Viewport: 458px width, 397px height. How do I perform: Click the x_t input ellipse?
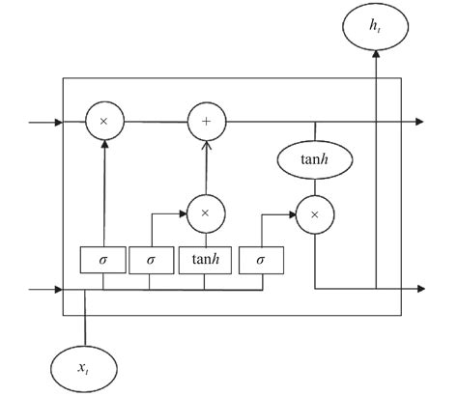pyautogui.click(x=85, y=367)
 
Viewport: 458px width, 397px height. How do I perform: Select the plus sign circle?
pyautogui.click(x=206, y=123)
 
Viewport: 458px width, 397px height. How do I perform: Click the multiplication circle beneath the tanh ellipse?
pyautogui.click(x=314, y=214)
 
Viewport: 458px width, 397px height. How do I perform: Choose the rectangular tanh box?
pyautogui.click(x=206, y=261)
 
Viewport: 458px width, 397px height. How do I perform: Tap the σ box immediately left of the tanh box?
pyautogui.click(x=153, y=261)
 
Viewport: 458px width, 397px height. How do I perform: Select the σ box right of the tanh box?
pyautogui.click(x=262, y=261)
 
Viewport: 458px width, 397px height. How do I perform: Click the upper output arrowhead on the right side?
pyautogui.click(x=419, y=123)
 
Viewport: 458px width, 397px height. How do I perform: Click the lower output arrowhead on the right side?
pyautogui.click(x=419, y=289)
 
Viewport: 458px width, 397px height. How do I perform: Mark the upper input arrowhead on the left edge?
pyautogui.click(x=59, y=123)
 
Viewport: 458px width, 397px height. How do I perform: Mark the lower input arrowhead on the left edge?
pyautogui.click(x=59, y=289)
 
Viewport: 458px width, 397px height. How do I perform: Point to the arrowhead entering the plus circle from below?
pyautogui.click(x=206, y=144)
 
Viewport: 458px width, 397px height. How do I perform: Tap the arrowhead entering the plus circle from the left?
pyautogui.click(x=184, y=123)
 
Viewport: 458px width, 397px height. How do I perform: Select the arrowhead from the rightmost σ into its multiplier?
pyautogui.click(x=293, y=214)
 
